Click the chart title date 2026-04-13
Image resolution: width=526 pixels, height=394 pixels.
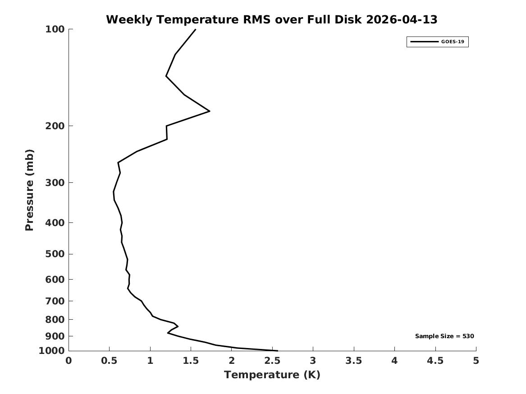tap(402, 20)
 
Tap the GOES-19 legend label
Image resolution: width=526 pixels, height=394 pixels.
tap(453, 42)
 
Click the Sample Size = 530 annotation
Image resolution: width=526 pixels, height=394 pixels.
tap(444, 336)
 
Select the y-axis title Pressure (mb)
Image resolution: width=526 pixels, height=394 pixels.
tap(29, 190)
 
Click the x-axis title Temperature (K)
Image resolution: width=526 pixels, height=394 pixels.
tap(272, 375)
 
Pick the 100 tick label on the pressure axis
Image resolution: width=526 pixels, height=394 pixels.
tap(55, 29)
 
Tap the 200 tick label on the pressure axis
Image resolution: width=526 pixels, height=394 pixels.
tap(55, 126)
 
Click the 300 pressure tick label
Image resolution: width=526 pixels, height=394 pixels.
tap(55, 183)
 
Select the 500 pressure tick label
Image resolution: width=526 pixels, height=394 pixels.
tap(55, 254)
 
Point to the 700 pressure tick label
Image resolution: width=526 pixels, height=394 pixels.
tap(55, 301)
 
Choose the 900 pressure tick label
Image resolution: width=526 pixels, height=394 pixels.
tap(55, 336)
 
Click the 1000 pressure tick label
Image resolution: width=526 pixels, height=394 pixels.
tap(52, 351)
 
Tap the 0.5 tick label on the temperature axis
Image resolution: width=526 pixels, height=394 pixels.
tap(110, 361)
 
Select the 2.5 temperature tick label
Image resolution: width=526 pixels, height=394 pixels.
tap(272, 361)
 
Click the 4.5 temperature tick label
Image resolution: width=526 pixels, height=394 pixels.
tap(435, 361)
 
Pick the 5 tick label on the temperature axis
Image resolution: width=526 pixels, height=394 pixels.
tap(476, 361)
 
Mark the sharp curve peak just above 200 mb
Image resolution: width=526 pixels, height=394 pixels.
tap(210, 111)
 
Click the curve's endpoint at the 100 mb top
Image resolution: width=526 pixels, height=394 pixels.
tap(195, 30)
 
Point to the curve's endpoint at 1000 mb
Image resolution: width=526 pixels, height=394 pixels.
tap(278, 351)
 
